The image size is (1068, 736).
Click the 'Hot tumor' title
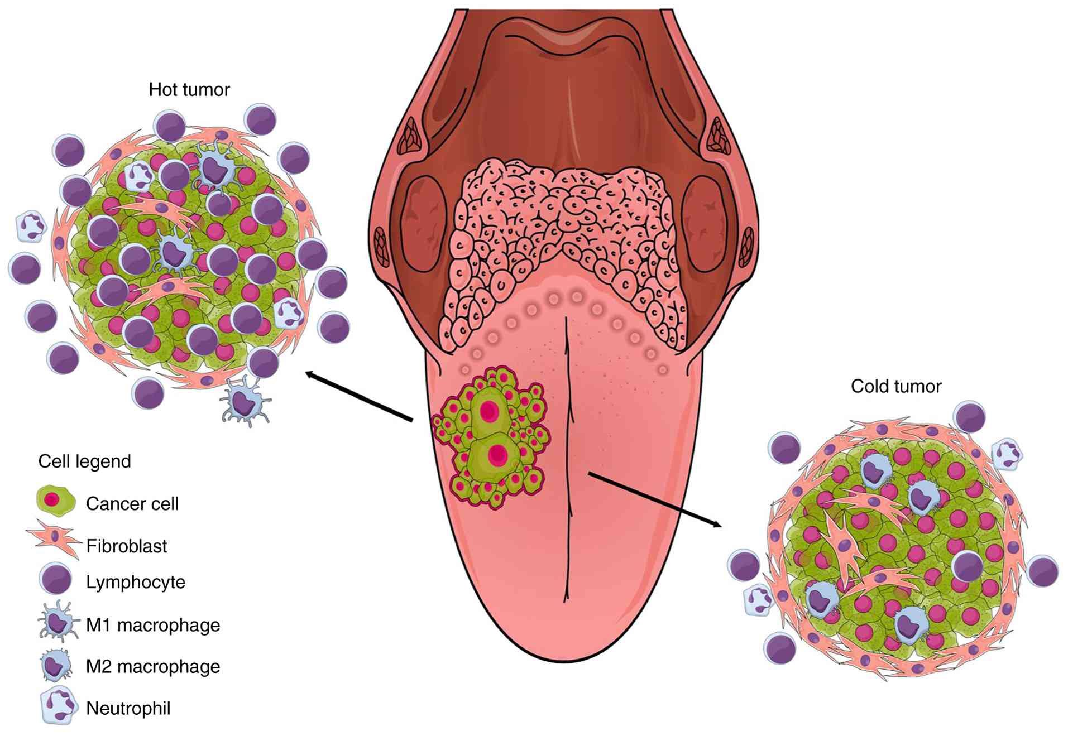click(189, 90)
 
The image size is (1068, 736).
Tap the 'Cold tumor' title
click(895, 386)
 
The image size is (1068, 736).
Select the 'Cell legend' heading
click(84, 461)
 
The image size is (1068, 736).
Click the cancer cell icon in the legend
click(55, 500)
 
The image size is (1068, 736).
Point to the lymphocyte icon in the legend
click(55, 579)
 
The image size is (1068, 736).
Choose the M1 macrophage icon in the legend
click(57, 622)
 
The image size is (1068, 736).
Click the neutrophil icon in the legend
click(58, 706)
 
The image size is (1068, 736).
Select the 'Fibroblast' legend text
click(126, 546)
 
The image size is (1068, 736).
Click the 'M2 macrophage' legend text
click(152, 666)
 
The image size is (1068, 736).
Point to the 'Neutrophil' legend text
click(128, 708)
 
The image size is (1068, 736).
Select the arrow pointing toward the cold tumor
click(654, 500)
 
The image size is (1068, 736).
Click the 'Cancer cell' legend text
click(132, 504)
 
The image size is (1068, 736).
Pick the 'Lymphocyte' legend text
click(135, 582)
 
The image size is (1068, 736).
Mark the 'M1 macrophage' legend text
click(152, 625)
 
